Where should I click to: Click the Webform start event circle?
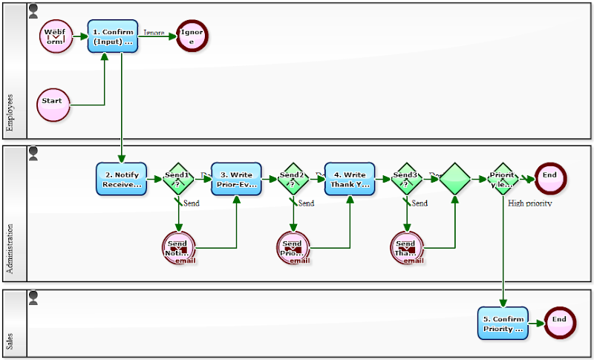coord(55,36)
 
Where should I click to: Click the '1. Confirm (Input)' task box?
coord(113,36)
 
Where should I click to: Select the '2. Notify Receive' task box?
coord(121,179)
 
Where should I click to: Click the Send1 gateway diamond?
coord(178,179)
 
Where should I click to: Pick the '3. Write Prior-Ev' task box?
coord(236,179)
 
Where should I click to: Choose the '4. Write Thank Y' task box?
coord(350,179)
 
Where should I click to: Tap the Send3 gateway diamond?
coord(406,179)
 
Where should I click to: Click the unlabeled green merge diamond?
coord(454,179)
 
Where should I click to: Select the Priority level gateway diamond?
coord(503,179)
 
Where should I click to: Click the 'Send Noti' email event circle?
coord(178,248)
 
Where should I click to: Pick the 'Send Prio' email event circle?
coord(293,248)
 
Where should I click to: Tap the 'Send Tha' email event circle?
coord(406,248)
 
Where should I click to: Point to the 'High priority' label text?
coord(529,203)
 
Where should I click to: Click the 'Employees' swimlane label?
coord(10,112)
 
